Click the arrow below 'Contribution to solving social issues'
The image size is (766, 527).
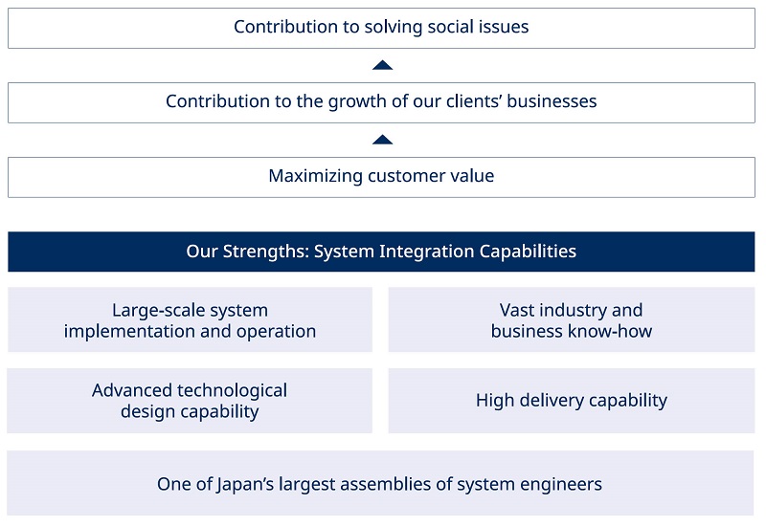coord(382,65)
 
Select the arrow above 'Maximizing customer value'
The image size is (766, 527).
coord(382,140)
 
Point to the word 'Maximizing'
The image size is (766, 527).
coord(316,176)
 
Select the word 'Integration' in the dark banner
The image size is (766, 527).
coord(427,252)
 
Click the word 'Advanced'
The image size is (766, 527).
coord(132,390)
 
